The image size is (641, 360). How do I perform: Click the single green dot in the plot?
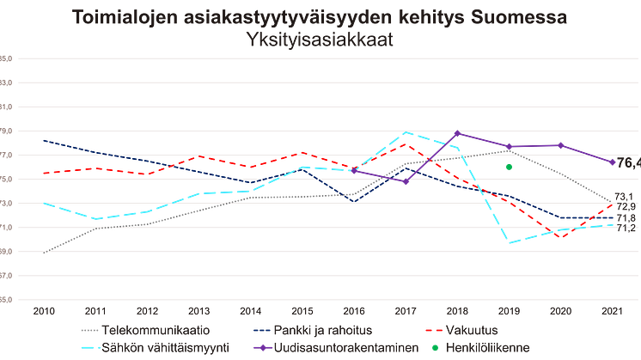(509, 166)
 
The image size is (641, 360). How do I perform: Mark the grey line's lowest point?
(44, 253)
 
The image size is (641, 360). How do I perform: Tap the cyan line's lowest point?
(510, 243)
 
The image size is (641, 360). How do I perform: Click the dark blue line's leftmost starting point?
(44, 139)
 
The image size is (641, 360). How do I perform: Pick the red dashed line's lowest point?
(560, 236)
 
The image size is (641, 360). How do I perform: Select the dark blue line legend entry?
(296, 330)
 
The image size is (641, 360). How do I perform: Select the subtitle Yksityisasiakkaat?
(320, 39)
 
